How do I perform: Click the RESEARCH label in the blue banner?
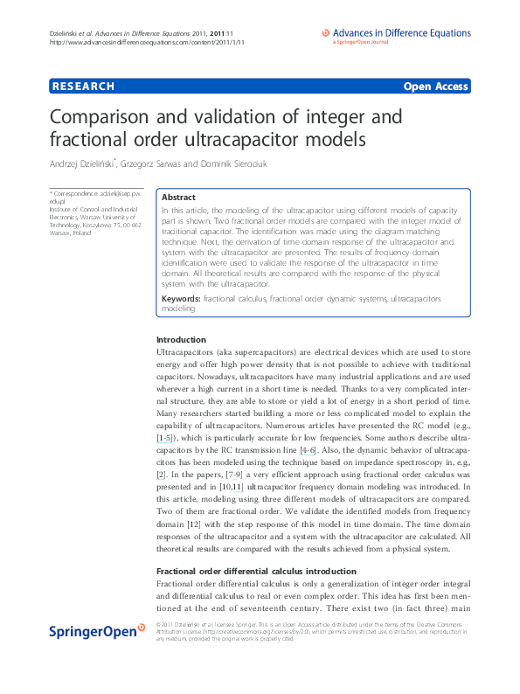[83, 87]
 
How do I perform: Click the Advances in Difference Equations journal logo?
[401, 35]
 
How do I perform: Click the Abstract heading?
[179, 198]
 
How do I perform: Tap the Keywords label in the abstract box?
[181, 299]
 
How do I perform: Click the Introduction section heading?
[181, 339]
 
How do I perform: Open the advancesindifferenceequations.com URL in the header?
[147, 41]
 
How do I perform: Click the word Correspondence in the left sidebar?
[76, 191]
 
